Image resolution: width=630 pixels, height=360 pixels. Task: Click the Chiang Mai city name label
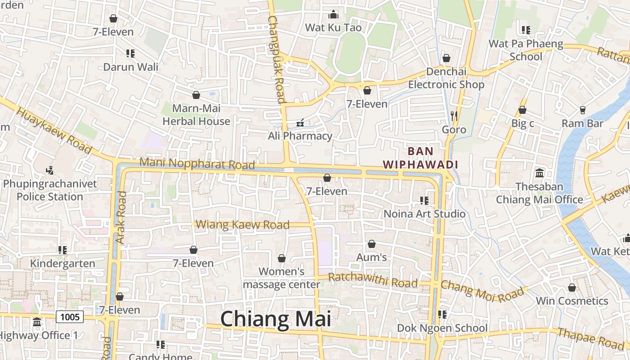[x=275, y=319]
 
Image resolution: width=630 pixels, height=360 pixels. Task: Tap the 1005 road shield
[x=70, y=317]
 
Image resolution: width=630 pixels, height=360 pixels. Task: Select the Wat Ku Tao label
[x=333, y=27]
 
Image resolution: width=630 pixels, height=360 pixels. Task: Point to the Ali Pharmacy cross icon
[x=300, y=123]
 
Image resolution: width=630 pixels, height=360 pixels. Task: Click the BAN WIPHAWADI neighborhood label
[x=420, y=158]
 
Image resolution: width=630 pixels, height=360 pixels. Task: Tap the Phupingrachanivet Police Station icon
[x=50, y=171]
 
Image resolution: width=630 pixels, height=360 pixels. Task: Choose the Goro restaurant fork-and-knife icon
[x=454, y=116]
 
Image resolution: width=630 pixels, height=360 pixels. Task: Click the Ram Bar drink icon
[x=582, y=110]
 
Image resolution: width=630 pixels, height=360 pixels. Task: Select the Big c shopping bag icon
[x=522, y=110]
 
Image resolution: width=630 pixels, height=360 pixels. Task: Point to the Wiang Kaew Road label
[x=243, y=224]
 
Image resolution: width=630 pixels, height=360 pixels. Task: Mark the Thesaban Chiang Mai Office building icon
[x=539, y=173]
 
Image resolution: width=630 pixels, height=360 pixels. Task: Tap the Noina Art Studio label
[x=424, y=213]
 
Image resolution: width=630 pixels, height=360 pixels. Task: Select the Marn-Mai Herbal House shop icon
[x=196, y=95]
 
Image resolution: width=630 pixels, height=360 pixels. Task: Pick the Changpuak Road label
[x=276, y=58]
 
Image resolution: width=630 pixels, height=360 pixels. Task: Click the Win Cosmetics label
[x=571, y=301]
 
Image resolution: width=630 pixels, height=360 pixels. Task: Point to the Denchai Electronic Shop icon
[x=446, y=58]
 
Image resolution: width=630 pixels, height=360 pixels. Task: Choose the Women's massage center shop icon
[x=281, y=258]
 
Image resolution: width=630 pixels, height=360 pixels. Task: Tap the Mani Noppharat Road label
[x=197, y=163]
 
